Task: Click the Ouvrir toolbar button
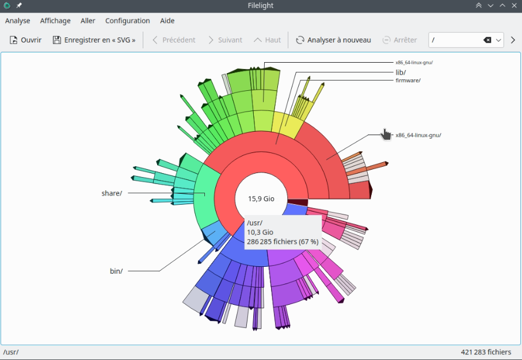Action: (25, 40)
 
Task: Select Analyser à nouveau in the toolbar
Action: (333, 40)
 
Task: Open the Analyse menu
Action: (18, 21)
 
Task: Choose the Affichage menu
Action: (55, 21)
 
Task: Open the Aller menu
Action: (88, 21)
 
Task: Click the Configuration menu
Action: (128, 21)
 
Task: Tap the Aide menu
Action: (167, 21)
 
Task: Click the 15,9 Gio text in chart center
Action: (261, 198)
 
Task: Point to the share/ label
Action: (112, 193)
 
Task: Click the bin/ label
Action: (116, 271)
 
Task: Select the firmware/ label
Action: (408, 80)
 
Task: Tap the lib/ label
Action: (401, 72)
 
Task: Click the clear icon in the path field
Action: (487, 40)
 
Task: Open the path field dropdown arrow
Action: (498, 40)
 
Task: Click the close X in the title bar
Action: (514, 5)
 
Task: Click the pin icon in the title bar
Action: (18, 5)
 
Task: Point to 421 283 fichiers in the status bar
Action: (486, 352)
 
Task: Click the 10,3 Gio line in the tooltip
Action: (260, 232)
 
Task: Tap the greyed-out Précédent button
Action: (174, 40)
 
